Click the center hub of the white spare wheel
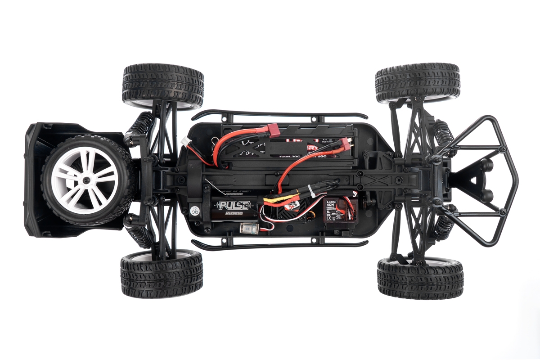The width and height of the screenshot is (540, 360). (85, 180)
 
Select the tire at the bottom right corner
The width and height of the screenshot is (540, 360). (420, 279)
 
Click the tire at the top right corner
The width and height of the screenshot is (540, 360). (418, 82)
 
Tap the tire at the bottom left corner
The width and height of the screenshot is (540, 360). (162, 274)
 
